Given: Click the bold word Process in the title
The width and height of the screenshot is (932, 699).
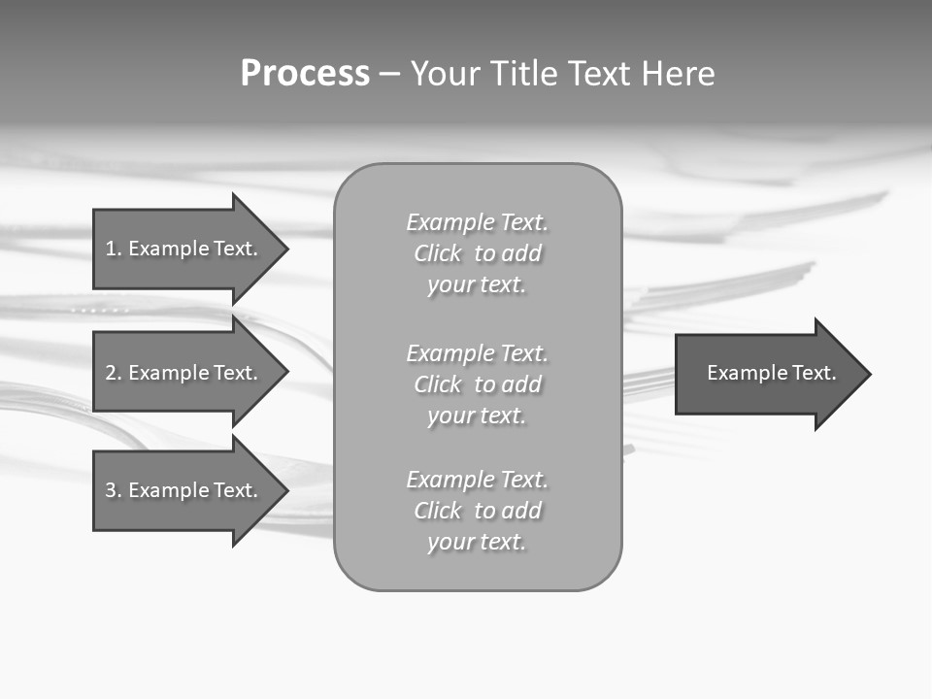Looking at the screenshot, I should click(305, 74).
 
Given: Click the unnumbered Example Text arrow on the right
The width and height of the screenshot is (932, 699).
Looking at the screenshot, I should click(771, 373).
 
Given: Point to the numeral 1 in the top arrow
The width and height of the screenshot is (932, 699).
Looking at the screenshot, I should click(111, 249).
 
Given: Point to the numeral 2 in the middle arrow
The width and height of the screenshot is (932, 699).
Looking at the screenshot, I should click(111, 373).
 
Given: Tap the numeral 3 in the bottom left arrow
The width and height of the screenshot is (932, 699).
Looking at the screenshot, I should click(111, 490).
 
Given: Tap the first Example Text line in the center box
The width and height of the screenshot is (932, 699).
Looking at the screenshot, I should click(477, 222).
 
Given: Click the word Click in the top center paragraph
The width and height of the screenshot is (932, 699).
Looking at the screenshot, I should click(437, 253).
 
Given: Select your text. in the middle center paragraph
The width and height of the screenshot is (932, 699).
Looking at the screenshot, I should click(476, 416).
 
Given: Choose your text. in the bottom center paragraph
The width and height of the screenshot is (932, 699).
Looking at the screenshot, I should click(476, 542).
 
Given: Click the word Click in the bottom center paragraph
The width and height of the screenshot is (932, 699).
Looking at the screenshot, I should click(437, 511).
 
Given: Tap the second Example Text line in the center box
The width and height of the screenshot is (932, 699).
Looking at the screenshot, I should click(477, 352).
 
